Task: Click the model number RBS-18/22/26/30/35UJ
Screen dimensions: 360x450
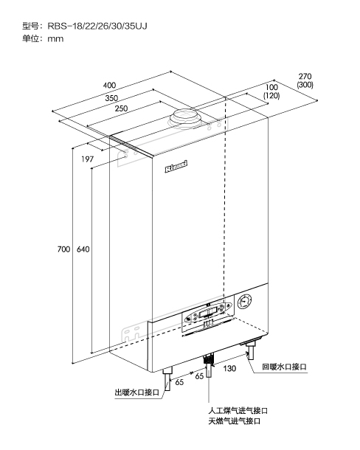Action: tap(97, 26)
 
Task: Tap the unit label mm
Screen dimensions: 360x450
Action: tap(55, 39)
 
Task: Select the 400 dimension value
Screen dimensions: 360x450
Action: tap(109, 86)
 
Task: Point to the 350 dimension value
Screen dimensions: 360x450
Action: tap(111, 98)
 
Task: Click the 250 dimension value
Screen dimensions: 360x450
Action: tap(121, 108)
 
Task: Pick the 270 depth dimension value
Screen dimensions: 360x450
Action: tap(305, 77)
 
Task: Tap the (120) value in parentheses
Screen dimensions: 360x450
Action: tap(271, 96)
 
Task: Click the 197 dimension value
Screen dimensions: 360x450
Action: tap(87, 159)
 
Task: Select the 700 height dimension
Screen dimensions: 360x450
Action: tap(63, 249)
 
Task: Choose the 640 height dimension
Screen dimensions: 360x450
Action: tap(83, 249)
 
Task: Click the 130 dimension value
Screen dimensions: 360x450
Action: tap(229, 368)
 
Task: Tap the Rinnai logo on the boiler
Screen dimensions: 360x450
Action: tap(176, 167)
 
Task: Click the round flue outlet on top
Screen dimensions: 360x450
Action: tap(184, 118)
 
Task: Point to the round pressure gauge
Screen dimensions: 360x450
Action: tap(244, 302)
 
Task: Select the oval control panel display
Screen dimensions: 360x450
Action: tap(209, 311)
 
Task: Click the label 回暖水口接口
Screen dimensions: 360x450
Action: tap(284, 367)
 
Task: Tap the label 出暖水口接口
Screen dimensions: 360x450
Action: tap(137, 392)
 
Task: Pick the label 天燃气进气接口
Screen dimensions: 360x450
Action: tap(235, 421)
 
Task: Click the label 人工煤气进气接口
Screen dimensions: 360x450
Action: tap(238, 411)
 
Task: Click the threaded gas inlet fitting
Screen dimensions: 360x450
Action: tap(209, 359)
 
